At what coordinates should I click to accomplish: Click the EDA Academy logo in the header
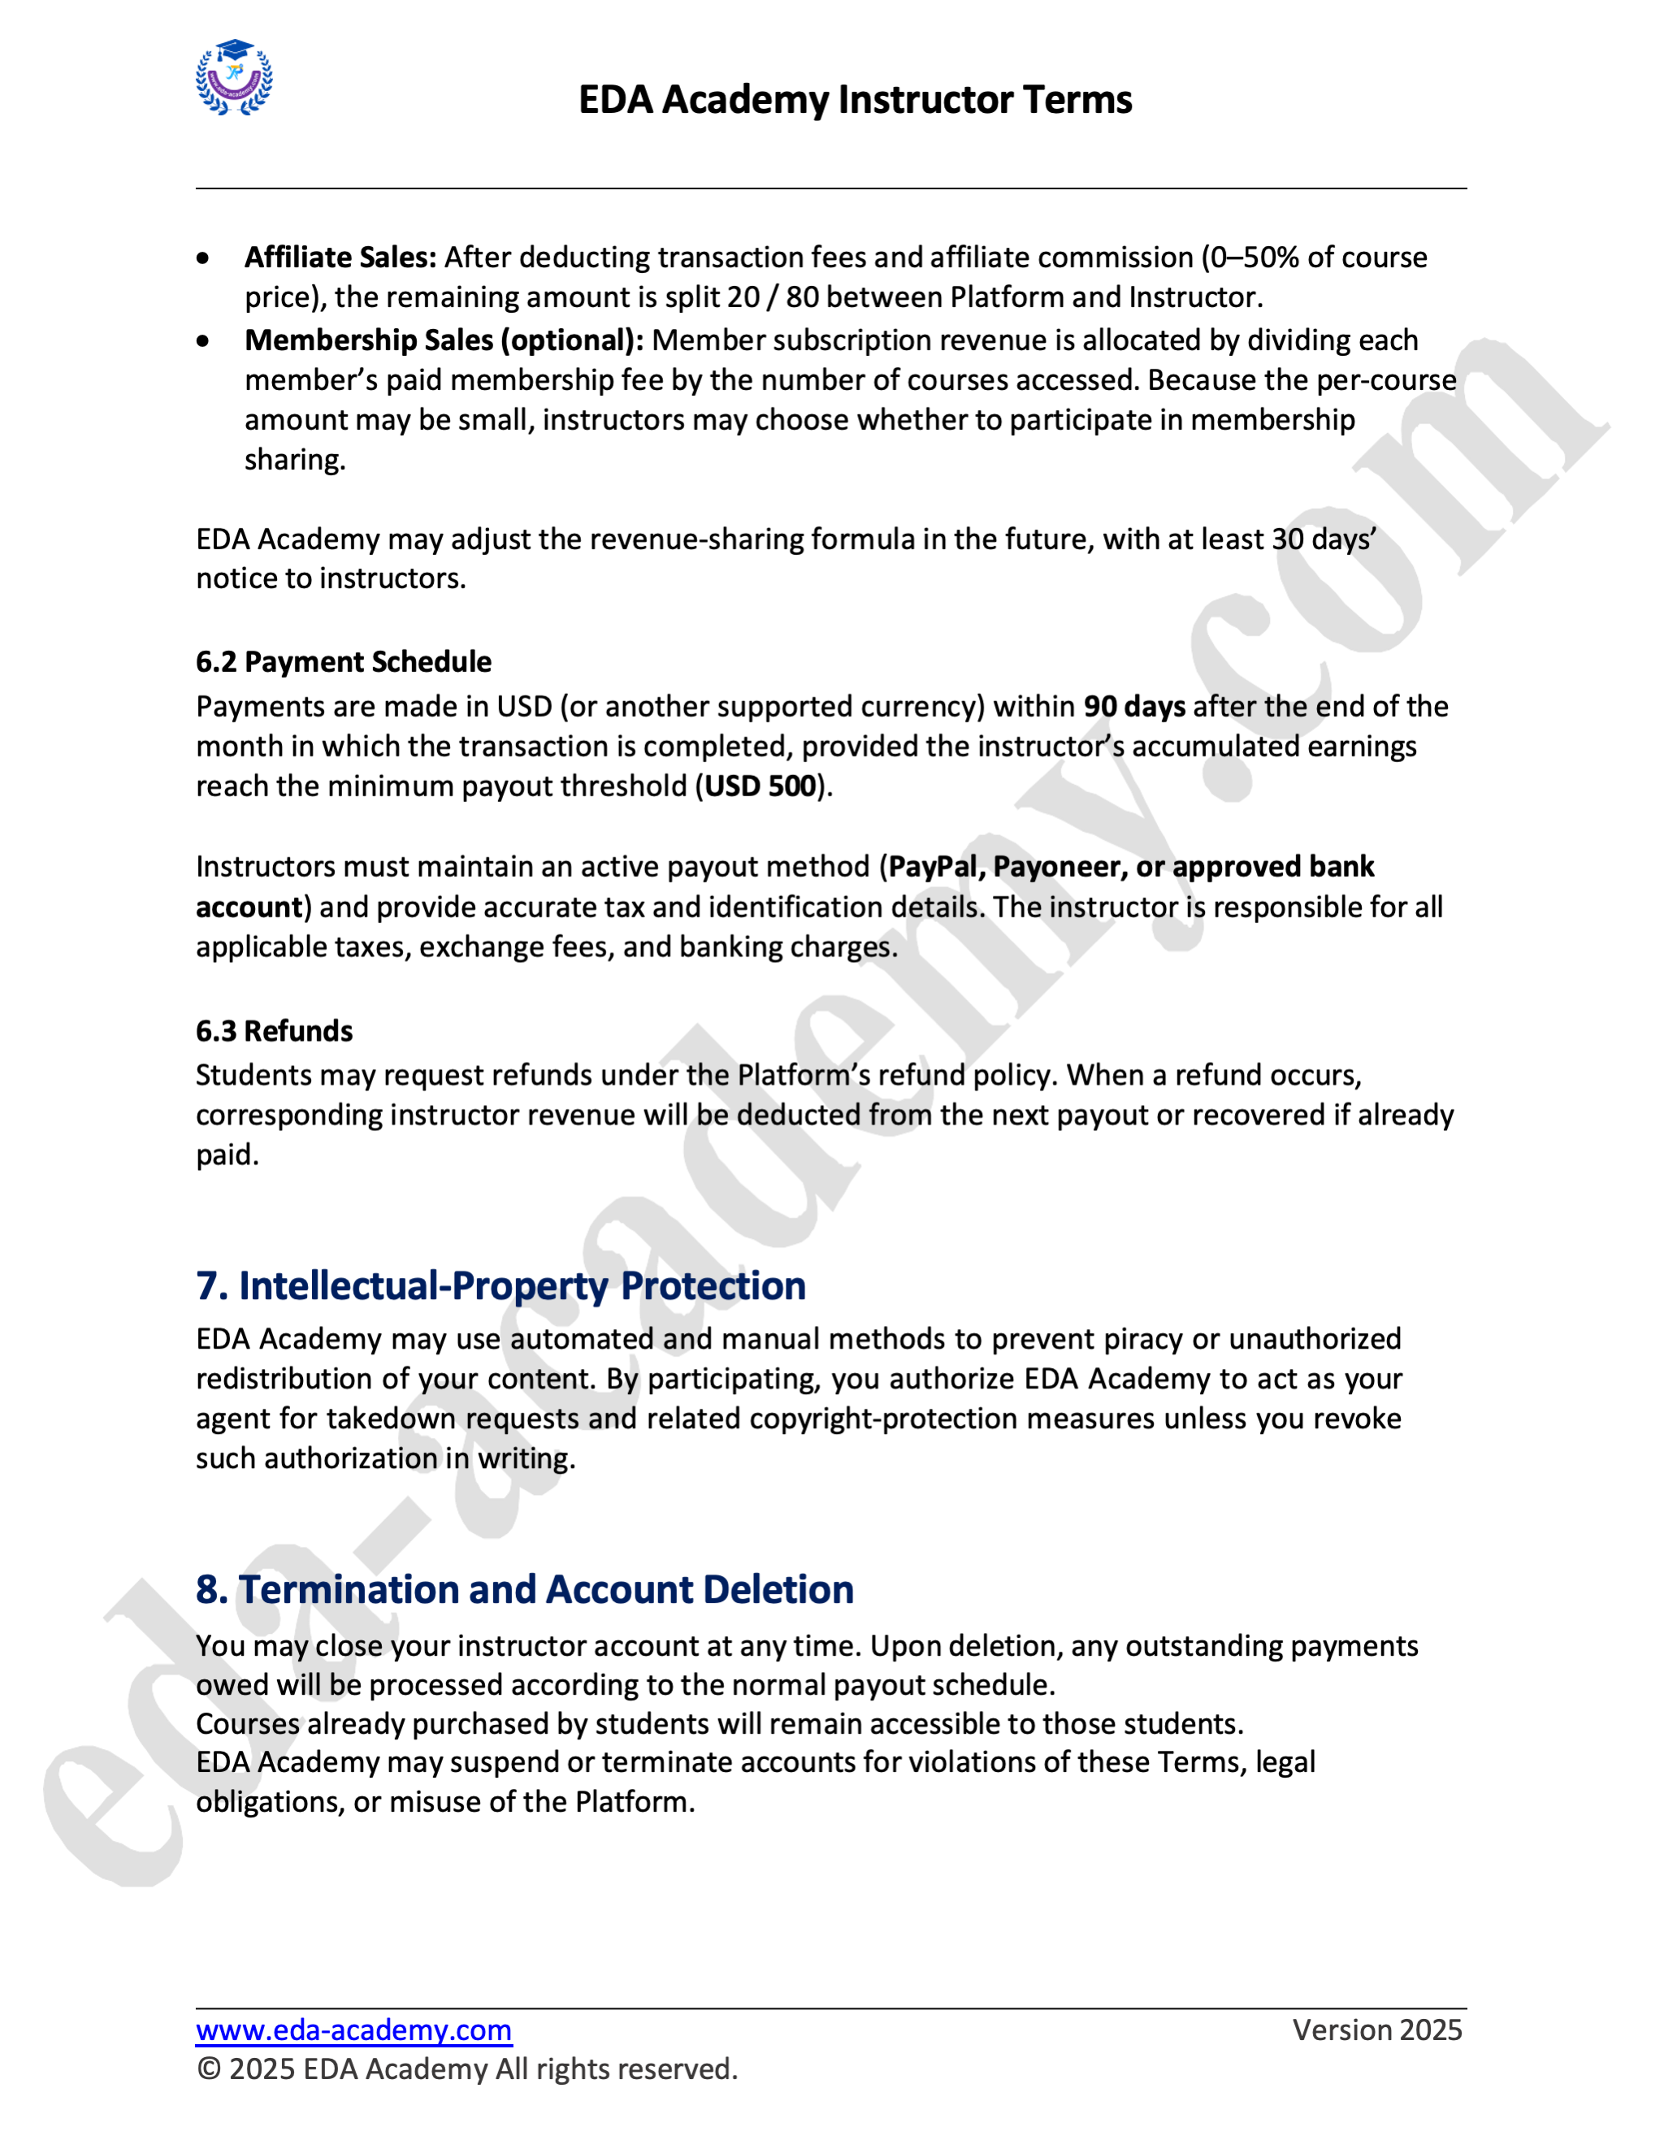point(235,78)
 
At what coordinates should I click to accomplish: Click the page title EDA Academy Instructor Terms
point(855,100)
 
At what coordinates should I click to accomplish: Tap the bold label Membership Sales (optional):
point(444,340)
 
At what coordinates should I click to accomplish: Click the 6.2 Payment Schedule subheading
point(343,661)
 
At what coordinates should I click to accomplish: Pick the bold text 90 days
point(1133,706)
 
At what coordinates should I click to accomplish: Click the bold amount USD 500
point(760,786)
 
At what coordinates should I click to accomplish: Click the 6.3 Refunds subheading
point(274,1031)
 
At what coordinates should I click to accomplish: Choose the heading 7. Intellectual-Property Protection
point(500,1285)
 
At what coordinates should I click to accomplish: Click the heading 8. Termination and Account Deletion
point(524,1589)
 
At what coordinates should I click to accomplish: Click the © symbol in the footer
point(208,2069)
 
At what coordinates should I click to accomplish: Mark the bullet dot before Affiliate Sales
point(203,258)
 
